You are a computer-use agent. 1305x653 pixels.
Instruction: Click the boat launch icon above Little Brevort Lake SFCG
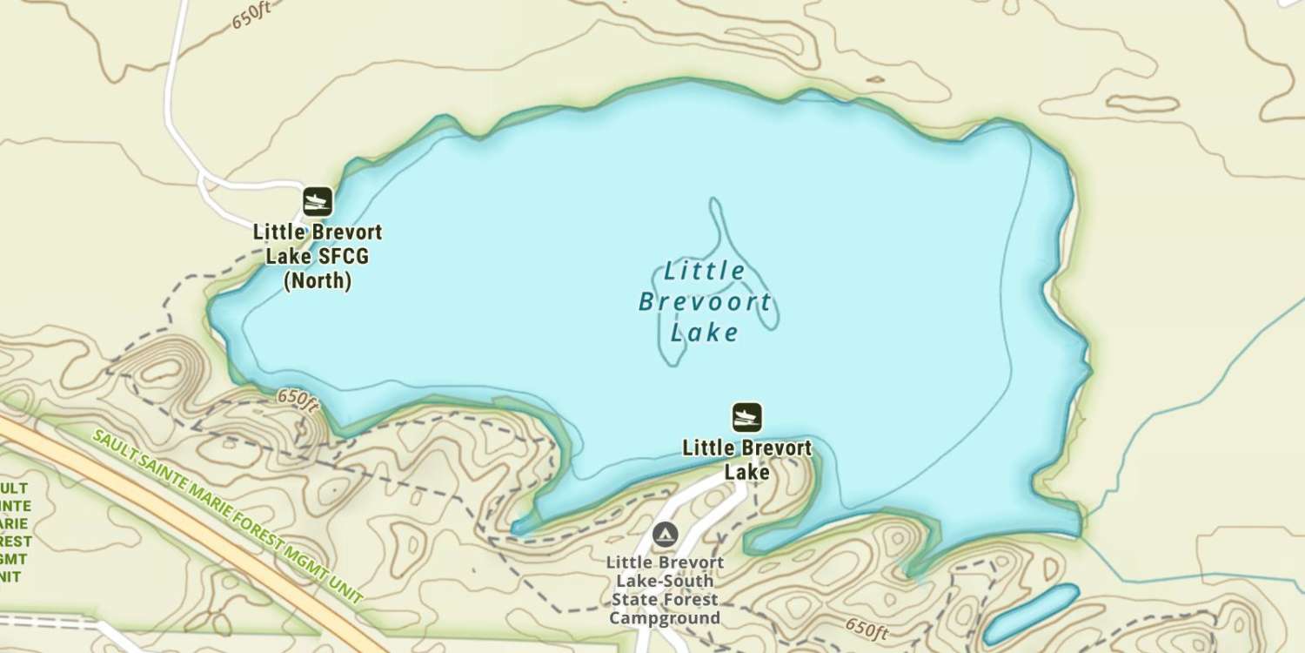pos(318,201)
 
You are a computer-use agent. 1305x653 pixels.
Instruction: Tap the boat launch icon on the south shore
pos(746,417)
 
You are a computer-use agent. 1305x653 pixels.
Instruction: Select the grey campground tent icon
pos(665,533)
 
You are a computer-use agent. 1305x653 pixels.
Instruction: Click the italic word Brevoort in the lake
pos(705,302)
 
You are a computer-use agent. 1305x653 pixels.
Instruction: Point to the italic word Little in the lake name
pos(705,271)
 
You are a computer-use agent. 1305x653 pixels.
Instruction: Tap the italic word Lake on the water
pos(705,333)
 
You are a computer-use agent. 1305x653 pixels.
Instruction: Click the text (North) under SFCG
pos(318,281)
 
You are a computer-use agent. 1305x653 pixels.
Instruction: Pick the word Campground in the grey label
pos(665,619)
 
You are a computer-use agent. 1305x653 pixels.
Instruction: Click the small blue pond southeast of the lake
pos(1031,613)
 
